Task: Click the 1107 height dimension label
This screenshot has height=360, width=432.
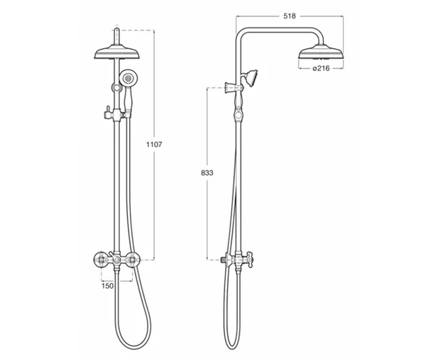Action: pyautogui.click(x=154, y=145)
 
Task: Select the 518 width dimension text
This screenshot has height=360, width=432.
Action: pyautogui.click(x=289, y=16)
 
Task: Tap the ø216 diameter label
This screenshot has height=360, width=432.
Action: pyautogui.click(x=321, y=68)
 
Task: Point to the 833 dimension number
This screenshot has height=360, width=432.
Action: pyautogui.click(x=207, y=173)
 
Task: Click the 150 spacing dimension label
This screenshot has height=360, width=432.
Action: pyautogui.click(x=108, y=286)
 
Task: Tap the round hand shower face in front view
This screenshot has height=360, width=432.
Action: pyautogui.click(x=129, y=78)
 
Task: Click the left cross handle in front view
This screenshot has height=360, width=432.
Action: pyautogui.click(x=102, y=259)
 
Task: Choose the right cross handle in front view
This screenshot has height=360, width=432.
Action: pyautogui.click(x=132, y=259)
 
